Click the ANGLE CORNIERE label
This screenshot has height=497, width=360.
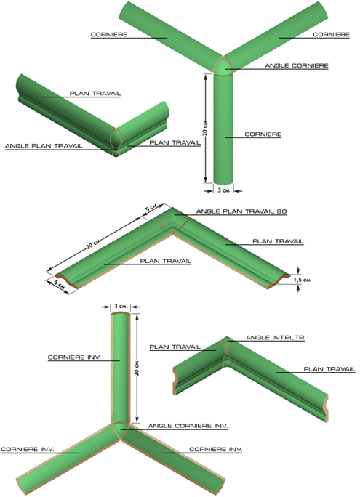pos(297,65)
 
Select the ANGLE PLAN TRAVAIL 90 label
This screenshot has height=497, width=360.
pos(241,211)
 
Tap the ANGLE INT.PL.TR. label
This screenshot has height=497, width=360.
pos(276,338)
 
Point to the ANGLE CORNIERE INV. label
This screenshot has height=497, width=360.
pos(188,426)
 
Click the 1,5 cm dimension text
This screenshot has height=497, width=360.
pos(302,280)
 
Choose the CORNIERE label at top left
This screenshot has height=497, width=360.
pos(109,35)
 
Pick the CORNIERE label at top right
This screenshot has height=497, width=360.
pos(331,35)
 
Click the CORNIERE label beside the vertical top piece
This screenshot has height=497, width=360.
pos(263,134)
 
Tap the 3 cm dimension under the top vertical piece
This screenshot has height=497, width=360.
pos(223,190)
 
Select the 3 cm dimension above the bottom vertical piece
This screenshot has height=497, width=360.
pos(120,306)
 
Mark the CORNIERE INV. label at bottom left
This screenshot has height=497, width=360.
pos(28,450)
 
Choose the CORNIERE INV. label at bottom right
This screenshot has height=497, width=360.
pos(216,450)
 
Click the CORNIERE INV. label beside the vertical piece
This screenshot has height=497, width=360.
pos(74,357)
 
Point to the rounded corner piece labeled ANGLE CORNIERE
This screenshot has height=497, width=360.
pos(223,66)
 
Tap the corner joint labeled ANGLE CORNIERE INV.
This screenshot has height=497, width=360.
pos(120,430)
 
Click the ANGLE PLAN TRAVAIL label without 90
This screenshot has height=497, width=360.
pos(44,146)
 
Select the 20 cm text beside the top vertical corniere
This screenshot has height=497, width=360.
pos(205,128)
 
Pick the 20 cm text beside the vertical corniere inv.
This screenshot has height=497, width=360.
pos(137,368)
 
